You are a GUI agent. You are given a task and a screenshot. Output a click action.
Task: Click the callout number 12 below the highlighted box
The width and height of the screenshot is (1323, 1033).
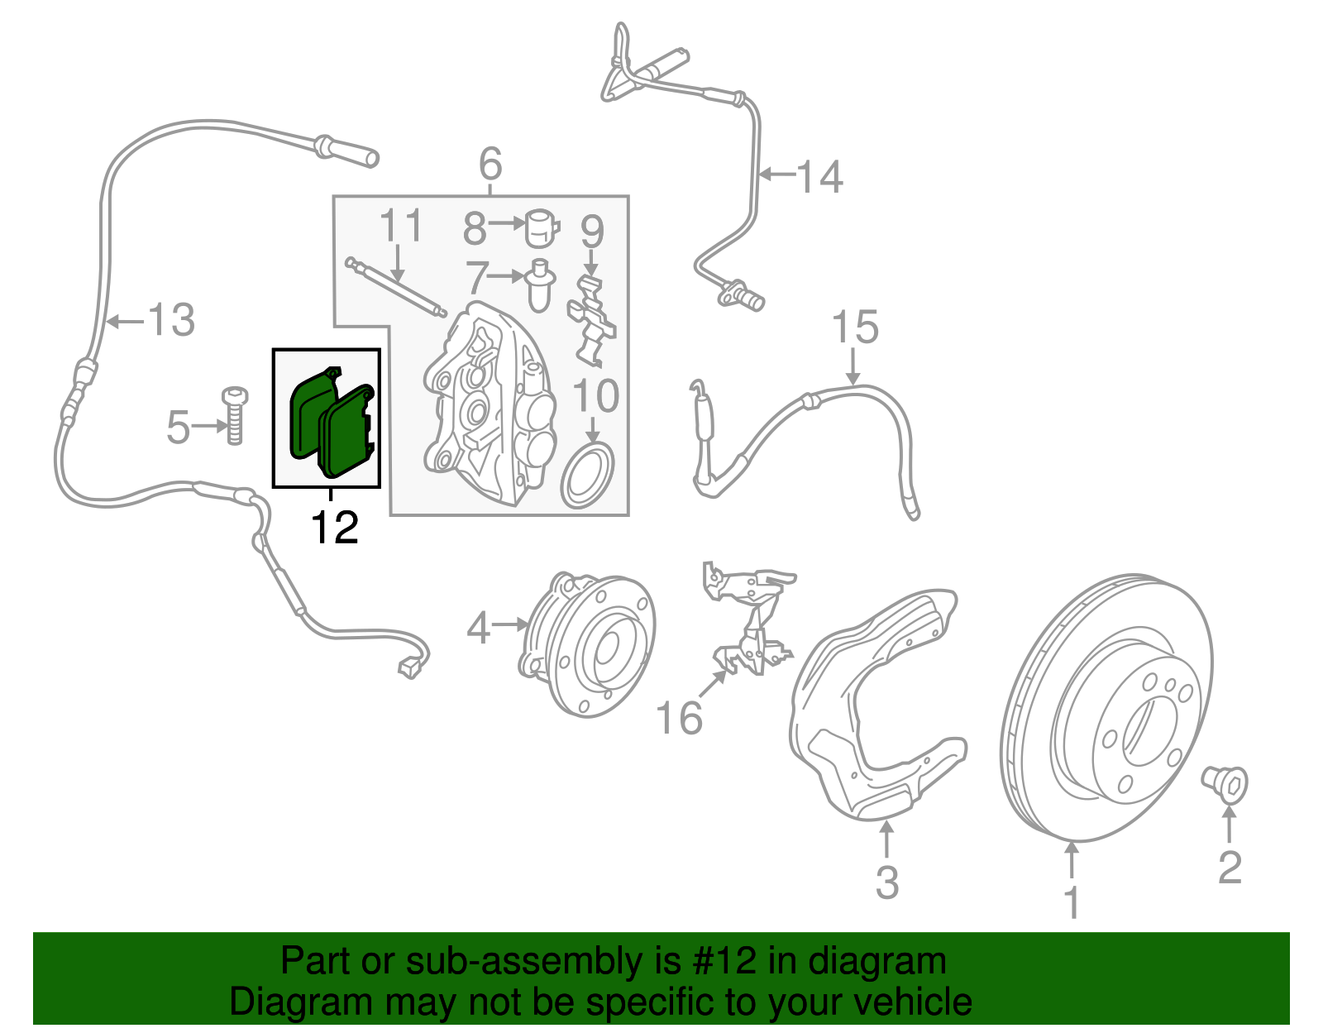(x=335, y=528)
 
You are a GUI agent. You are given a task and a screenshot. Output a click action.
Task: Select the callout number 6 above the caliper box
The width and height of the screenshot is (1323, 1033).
(x=490, y=164)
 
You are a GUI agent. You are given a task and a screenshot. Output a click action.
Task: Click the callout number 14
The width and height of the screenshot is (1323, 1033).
(x=819, y=177)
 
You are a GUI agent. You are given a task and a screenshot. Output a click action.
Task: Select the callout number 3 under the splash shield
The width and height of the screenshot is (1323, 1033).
(x=886, y=882)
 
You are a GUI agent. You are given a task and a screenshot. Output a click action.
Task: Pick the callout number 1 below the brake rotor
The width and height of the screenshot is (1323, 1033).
(x=1072, y=902)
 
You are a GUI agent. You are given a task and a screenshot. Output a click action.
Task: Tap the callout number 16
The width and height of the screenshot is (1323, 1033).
(x=679, y=717)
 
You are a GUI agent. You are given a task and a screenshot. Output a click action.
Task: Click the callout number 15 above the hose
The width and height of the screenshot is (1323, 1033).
(x=854, y=328)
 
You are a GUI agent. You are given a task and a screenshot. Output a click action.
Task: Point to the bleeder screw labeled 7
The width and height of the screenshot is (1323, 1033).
(x=539, y=285)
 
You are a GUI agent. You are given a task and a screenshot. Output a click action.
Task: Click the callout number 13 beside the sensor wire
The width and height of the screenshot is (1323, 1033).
(x=171, y=320)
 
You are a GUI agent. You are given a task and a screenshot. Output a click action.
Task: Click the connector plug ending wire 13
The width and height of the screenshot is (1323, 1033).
(x=409, y=667)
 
